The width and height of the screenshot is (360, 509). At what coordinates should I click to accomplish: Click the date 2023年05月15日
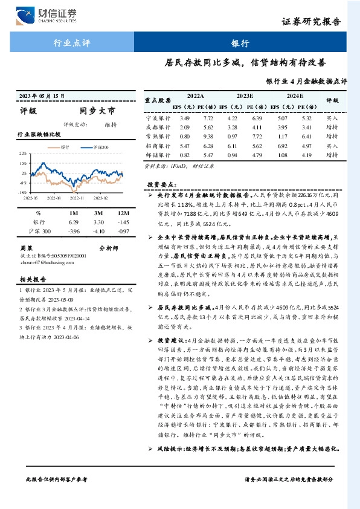click(42, 96)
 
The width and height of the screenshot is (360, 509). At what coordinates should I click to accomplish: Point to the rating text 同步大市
click(97, 111)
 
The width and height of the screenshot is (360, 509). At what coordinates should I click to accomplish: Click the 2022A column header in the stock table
click(195, 96)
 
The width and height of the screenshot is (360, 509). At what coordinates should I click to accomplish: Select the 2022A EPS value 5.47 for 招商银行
click(185, 146)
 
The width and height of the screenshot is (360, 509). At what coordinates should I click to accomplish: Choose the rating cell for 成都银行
click(332, 127)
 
